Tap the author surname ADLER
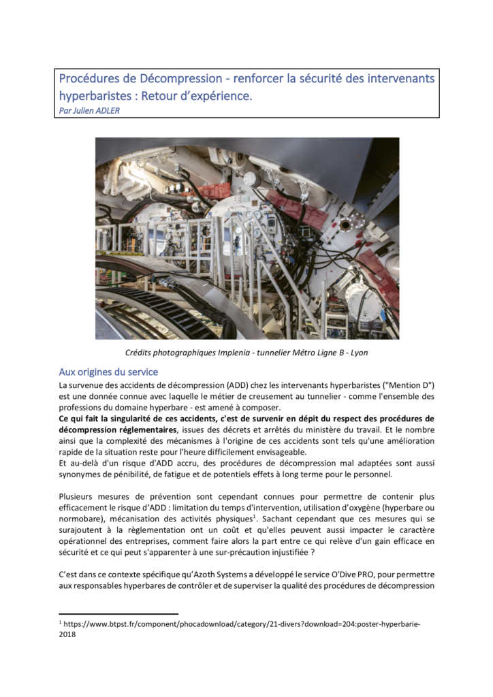tap(106, 110)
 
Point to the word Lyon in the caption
tap(358, 353)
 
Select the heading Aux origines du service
tap(108, 372)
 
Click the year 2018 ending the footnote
tap(67, 634)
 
